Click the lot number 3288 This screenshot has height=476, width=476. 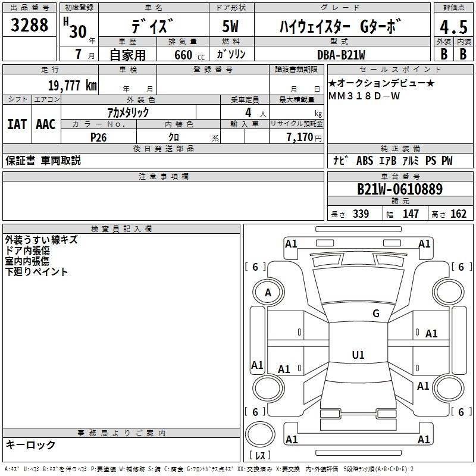(29, 24)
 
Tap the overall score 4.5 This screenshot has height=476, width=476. (453, 27)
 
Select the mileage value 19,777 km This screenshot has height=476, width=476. (72, 85)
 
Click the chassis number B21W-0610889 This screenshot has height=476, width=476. (400, 189)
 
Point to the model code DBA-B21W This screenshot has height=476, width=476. (341, 55)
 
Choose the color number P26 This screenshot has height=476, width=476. (98, 137)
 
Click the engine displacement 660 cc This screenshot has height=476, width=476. (189, 55)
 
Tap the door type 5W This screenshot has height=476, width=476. (230, 26)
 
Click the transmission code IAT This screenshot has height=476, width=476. (17, 124)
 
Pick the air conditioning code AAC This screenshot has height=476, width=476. (46, 124)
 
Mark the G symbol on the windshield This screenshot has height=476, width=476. (376, 313)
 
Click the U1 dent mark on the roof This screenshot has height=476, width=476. (358, 355)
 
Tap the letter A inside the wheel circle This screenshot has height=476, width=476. (268, 293)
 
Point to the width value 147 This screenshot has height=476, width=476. (411, 214)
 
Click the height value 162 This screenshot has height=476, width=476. (458, 214)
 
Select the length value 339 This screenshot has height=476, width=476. (361, 214)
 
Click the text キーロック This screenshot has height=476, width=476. (30, 444)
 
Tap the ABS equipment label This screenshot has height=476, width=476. (365, 161)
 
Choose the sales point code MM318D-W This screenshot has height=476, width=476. (364, 96)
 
